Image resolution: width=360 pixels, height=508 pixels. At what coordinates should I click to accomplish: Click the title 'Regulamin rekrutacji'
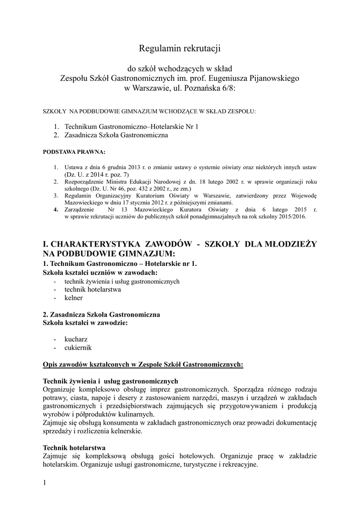(x=179, y=48)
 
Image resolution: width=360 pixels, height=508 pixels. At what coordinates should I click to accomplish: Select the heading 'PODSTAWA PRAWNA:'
(x=74, y=151)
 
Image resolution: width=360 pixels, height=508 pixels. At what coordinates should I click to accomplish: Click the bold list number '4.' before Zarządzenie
(x=56, y=210)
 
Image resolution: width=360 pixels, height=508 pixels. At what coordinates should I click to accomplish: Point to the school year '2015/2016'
(x=292, y=217)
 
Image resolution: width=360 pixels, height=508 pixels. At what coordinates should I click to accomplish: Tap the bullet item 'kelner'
(x=73, y=298)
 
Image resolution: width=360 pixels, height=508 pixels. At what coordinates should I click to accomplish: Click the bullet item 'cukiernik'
(x=78, y=348)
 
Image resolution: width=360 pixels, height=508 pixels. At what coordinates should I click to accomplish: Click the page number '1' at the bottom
(x=45, y=483)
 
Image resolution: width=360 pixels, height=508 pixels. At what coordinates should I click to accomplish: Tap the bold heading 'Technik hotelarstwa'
(x=74, y=447)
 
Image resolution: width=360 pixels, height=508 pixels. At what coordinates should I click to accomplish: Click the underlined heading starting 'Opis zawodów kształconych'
(x=144, y=365)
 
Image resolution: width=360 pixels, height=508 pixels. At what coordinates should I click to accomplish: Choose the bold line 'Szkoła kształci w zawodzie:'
(x=85, y=322)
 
